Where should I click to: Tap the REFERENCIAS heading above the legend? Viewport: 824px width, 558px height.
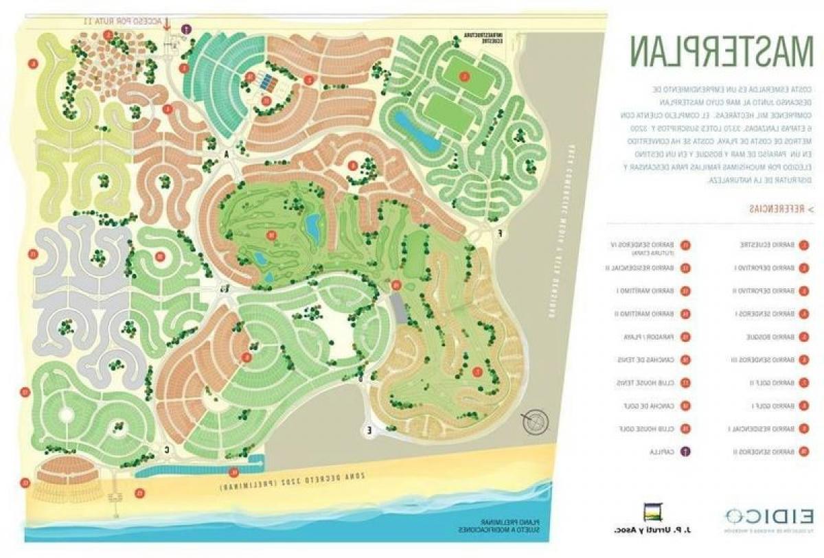point(779,208)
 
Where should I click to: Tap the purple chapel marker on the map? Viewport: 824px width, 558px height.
point(185,28)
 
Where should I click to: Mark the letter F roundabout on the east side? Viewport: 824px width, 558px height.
point(500,233)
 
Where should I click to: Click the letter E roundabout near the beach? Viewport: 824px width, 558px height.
point(369,430)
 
